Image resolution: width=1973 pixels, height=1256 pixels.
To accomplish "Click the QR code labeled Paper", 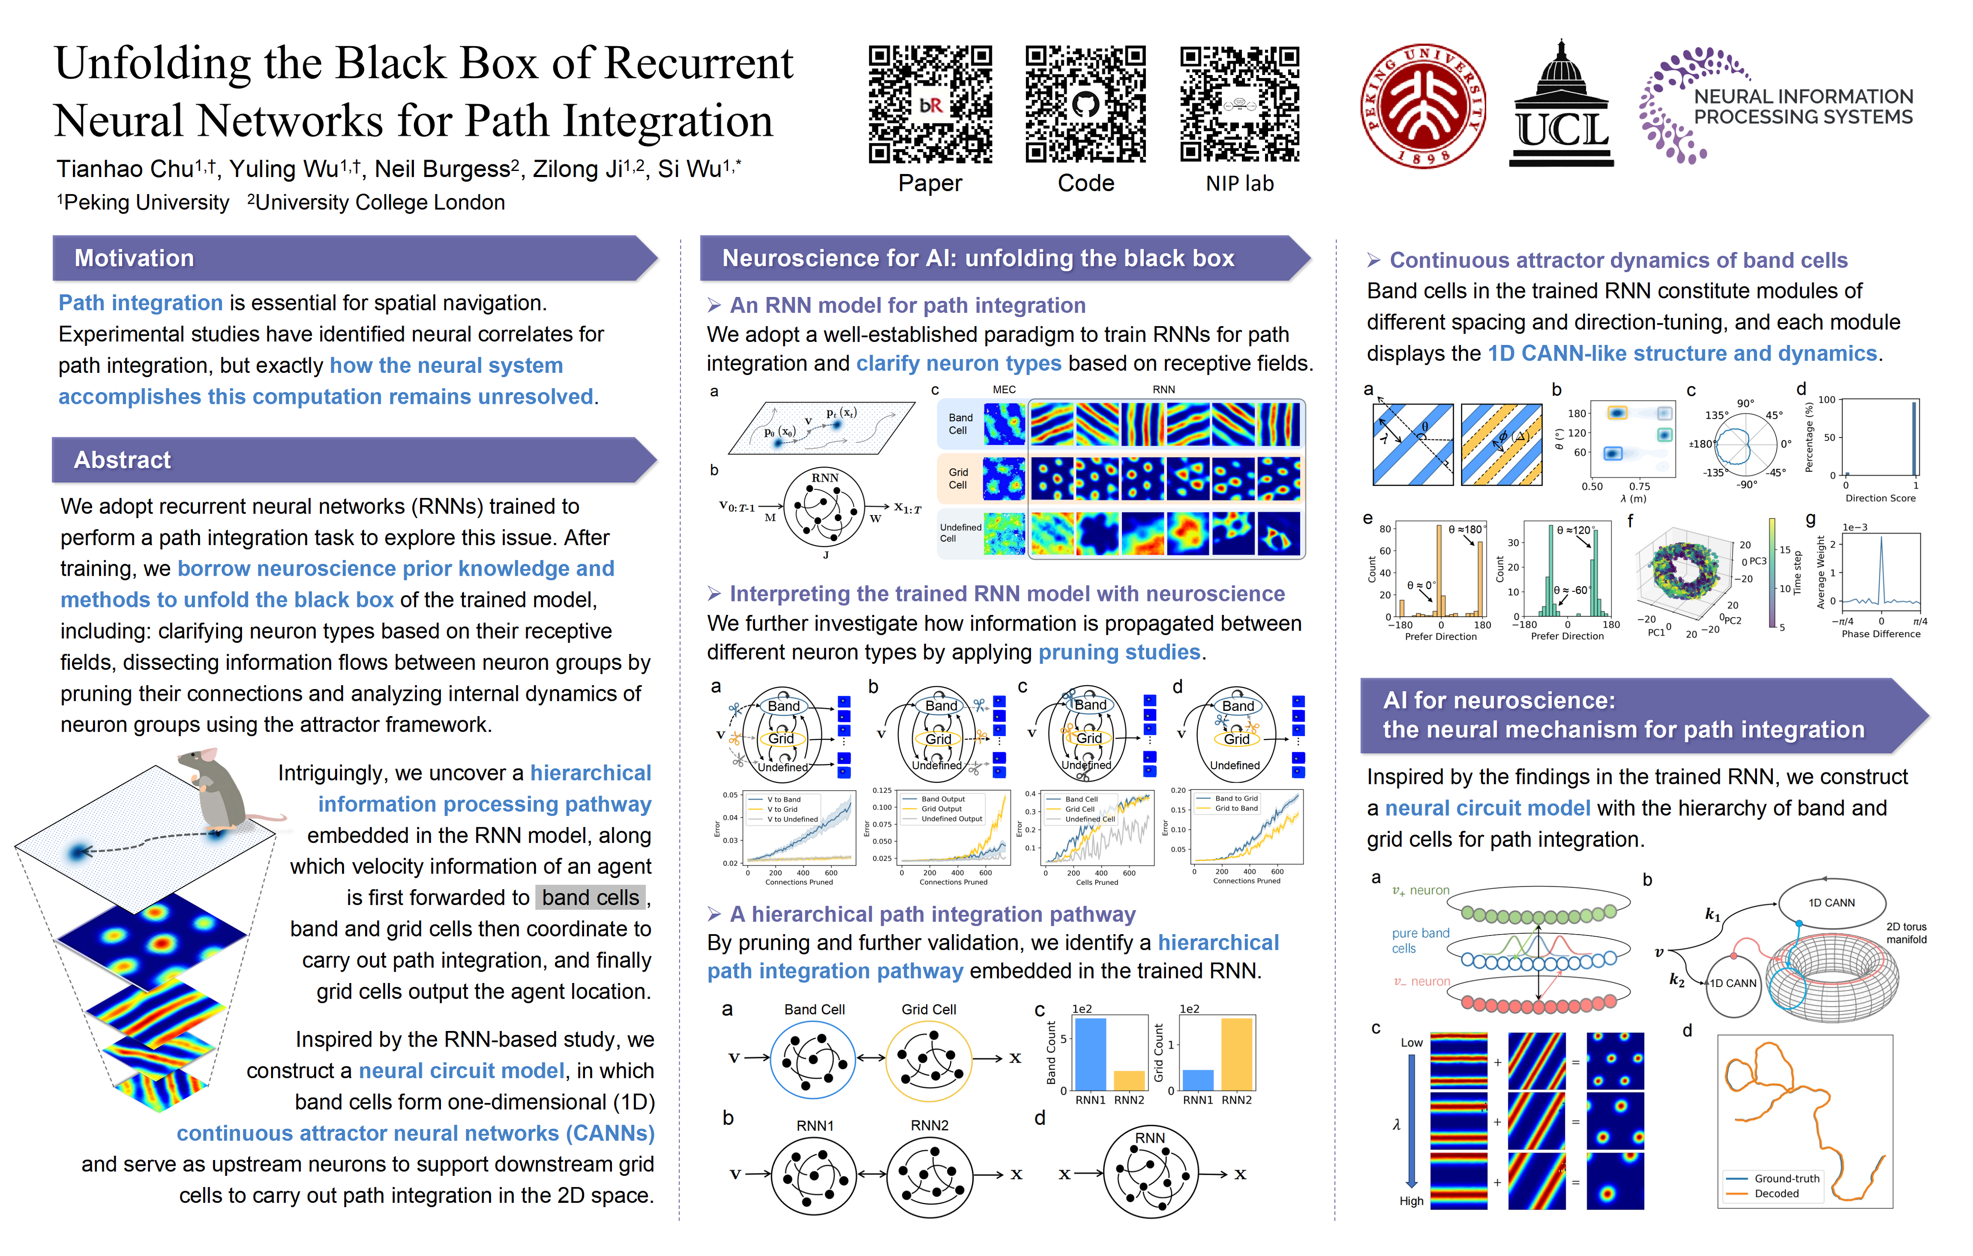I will [x=930, y=104].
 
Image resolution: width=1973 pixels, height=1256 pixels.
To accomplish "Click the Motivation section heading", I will [x=134, y=258].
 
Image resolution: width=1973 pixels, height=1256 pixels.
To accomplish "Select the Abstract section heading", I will [x=123, y=460].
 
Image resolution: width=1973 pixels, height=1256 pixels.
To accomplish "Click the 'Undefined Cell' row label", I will [x=960, y=532].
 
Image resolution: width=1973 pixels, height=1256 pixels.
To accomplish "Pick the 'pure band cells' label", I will [x=1420, y=941].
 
